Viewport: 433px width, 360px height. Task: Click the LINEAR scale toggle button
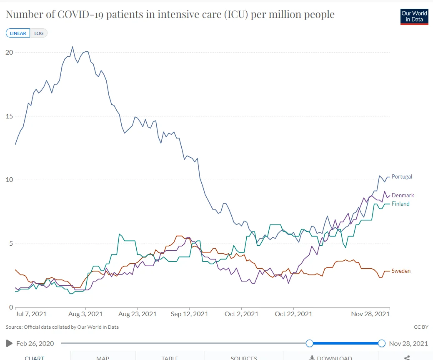18,33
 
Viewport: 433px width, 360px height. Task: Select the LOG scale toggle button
39,33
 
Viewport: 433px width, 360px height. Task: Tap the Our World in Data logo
414,16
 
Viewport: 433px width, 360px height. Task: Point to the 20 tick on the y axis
9,52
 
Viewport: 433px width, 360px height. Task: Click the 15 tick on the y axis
9,116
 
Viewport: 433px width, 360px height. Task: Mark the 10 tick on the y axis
9,180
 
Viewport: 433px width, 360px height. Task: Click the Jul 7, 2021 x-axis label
31,314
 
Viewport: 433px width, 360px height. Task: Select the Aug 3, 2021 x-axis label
85,314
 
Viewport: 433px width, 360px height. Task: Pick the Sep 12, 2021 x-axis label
190,314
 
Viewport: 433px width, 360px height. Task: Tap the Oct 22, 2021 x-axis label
294,314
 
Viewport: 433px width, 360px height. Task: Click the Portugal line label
402,176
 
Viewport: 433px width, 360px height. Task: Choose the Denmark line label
403,195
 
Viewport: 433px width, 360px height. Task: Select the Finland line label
400,204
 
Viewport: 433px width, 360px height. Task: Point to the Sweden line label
401,271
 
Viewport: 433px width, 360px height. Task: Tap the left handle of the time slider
309,343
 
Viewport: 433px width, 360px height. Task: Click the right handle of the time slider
382,343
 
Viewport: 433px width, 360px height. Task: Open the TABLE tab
170,357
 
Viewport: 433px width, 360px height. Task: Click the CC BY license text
421,327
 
